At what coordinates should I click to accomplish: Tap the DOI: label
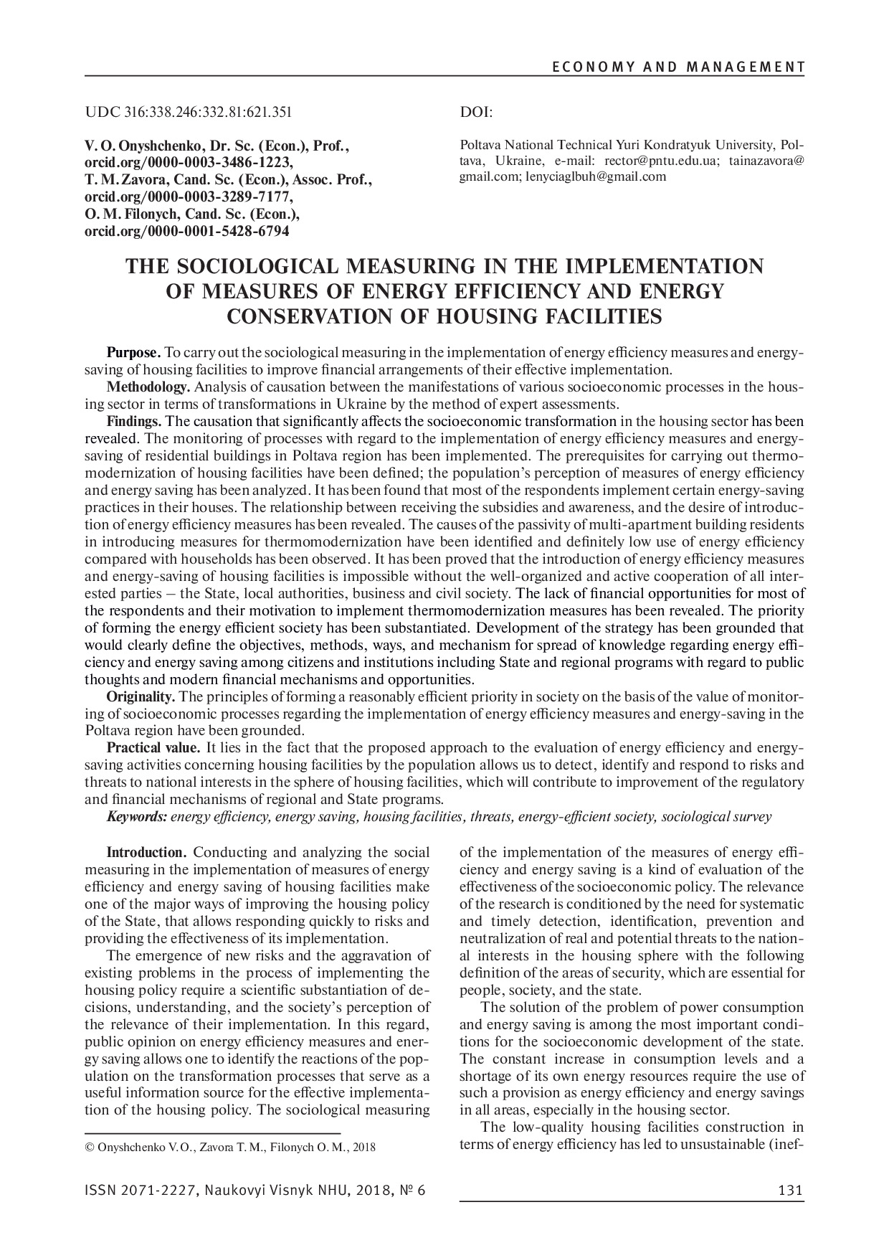[x=474, y=112]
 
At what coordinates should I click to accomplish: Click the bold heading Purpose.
[x=133, y=353]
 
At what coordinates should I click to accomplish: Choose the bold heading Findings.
[x=134, y=421]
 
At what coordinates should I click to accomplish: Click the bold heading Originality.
[x=141, y=696]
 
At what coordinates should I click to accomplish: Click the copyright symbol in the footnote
[x=89, y=1148]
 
